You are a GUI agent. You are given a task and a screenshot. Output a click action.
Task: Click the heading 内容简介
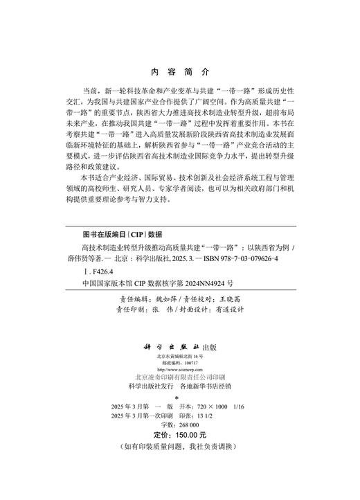pos(179,71)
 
